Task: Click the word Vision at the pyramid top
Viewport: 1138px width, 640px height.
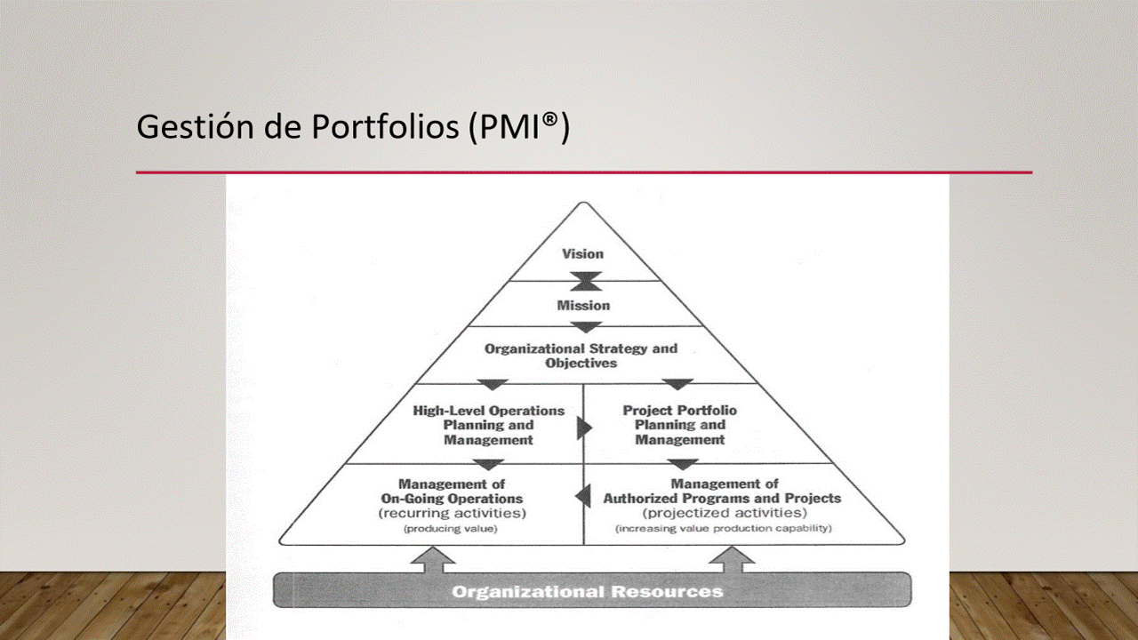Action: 582,254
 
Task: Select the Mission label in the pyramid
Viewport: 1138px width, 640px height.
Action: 583,305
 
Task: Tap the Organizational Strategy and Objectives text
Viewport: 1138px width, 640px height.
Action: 581,356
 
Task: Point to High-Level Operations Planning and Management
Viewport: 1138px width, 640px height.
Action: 489,425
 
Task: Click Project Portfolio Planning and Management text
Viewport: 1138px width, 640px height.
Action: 680,425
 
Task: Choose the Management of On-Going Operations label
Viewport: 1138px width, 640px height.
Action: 453,492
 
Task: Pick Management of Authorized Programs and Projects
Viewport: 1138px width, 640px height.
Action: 722,491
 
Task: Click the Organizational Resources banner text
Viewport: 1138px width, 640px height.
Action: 588,592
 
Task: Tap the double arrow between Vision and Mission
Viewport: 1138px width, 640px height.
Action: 586,281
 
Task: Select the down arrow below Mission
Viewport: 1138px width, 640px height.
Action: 586,327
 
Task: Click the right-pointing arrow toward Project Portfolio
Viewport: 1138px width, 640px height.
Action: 585,428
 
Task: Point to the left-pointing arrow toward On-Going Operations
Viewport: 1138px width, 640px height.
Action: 583,496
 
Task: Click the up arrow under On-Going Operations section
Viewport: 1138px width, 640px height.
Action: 433,560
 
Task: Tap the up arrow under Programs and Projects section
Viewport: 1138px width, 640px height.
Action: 732,560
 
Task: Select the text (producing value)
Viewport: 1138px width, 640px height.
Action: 450,529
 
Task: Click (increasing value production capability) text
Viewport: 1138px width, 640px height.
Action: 724,528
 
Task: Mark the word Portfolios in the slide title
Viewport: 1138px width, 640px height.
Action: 385,126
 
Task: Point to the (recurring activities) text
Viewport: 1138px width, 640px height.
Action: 453,513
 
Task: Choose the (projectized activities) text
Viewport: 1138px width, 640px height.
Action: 725,513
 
